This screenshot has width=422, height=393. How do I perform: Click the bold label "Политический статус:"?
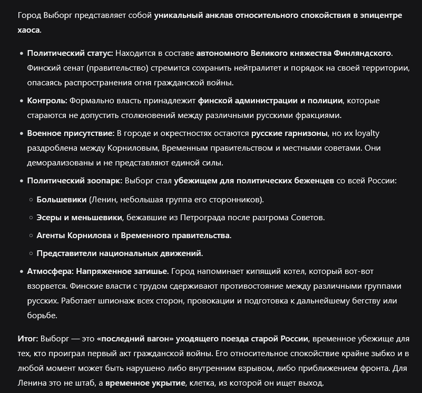click(70, 53)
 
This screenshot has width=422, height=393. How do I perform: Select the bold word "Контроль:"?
click(47, 101)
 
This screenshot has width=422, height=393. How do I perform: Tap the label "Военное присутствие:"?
click(71, 133)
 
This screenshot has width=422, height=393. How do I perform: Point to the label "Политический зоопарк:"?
click(74, 181)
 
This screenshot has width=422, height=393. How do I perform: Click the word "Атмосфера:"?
click(51, 271)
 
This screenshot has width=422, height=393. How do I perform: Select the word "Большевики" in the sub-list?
click(62, 200)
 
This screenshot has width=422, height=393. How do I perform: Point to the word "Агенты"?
click(51, 235)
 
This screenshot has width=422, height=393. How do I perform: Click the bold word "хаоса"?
click(28, 30)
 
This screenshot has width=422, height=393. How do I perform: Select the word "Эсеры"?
click(48, 217)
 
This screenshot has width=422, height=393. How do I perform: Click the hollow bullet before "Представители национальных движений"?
click(30, 253)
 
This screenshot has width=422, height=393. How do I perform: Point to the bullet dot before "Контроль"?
click(21, 101)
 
